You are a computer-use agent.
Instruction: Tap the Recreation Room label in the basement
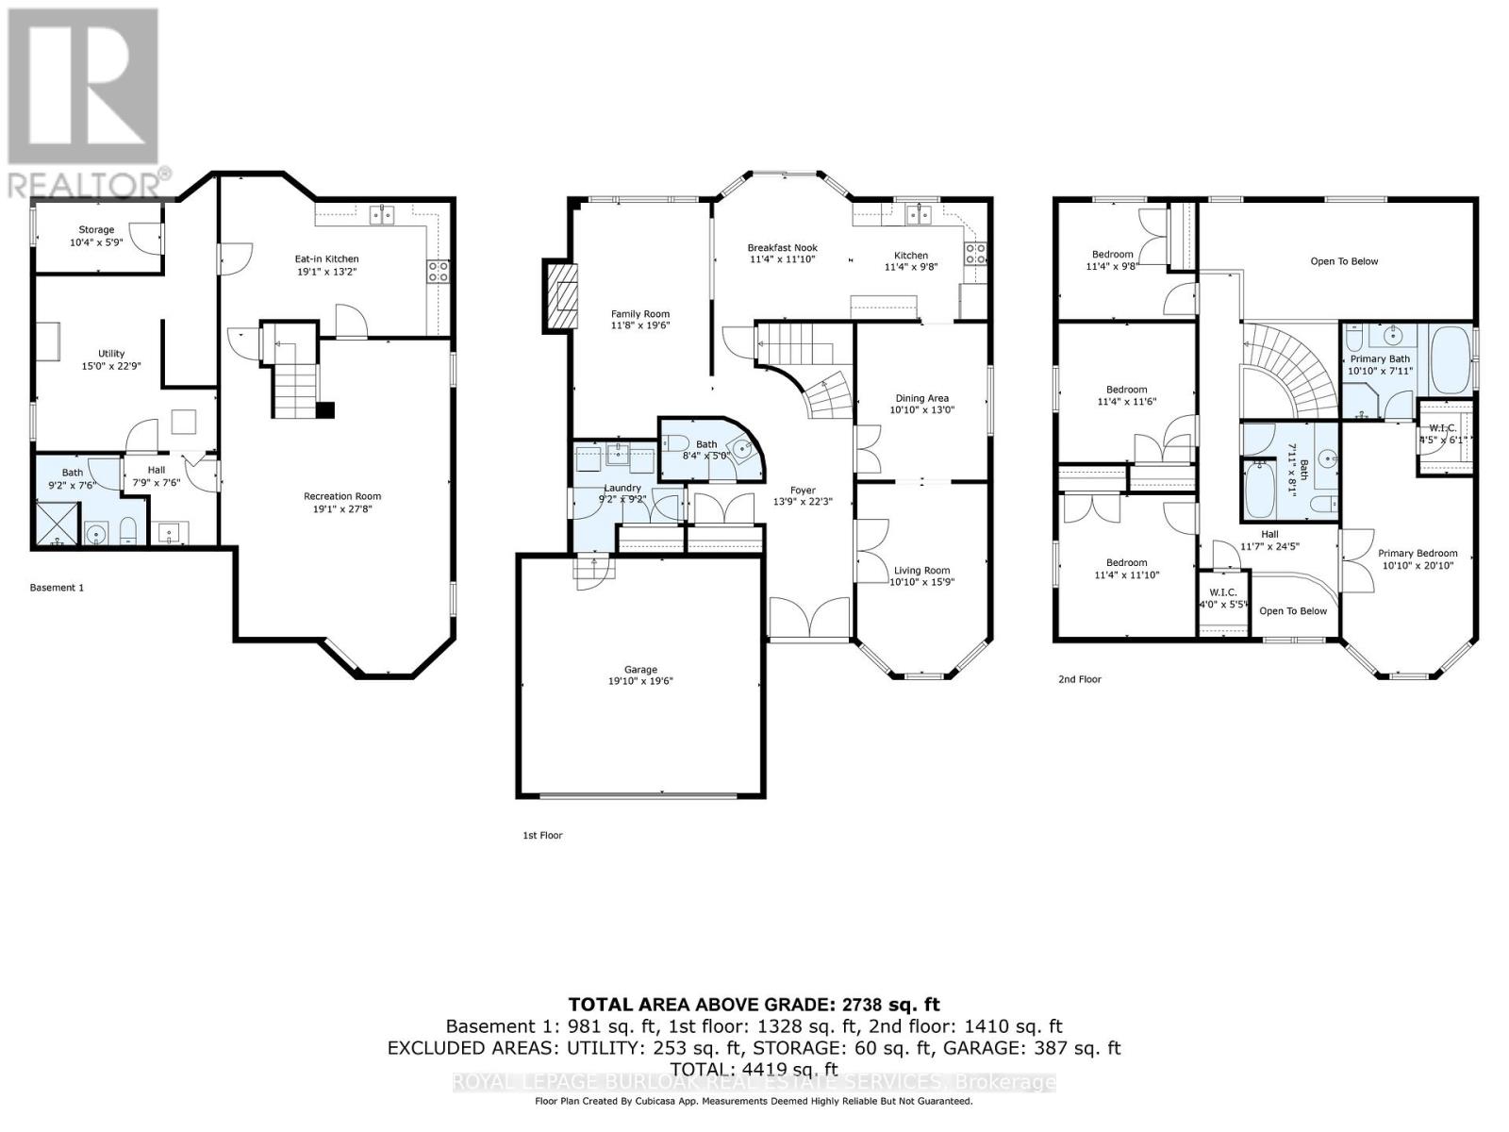[x=342, y=496]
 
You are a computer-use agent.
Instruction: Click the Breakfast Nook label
[x=782, y=247]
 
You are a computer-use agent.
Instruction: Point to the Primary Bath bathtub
[x=1450, y=361]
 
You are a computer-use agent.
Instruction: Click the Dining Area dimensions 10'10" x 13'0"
[x=921, y=410]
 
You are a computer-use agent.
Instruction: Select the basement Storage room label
[x=96, y=229]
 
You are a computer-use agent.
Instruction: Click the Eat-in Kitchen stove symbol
[x=439, y=273]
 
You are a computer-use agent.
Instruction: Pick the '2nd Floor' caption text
[x=1080, y=679]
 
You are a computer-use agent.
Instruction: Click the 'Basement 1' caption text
[x=57, y=588]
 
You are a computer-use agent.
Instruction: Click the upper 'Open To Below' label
[x=1344, y=261]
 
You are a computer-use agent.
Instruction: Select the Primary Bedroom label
[x=1418, y=554]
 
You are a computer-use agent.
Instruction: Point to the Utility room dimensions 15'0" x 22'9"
[x=111, y=366]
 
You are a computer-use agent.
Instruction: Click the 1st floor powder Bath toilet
[x=678, y=443]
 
